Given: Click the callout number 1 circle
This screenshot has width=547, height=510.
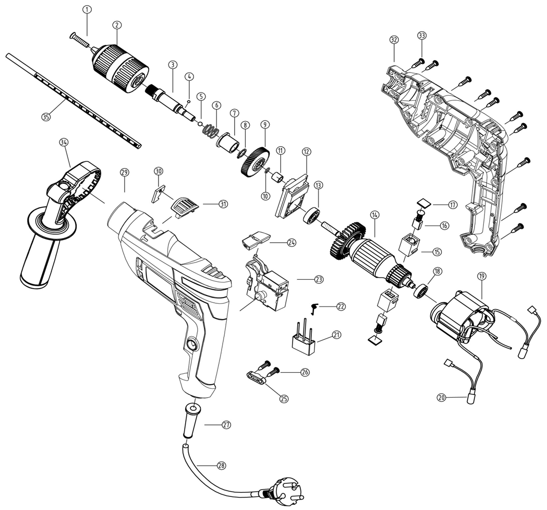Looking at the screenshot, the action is coord(87,9).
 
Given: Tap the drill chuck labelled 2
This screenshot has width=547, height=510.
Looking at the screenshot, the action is coord(120,68).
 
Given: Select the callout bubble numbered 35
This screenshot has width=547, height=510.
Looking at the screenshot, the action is coord(46,117).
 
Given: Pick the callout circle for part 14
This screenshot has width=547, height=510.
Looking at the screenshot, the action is coord(375,215).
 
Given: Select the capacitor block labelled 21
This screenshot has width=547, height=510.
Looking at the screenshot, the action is coord(303,336).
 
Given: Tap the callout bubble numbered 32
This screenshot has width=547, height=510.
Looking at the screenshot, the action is coord(394,40).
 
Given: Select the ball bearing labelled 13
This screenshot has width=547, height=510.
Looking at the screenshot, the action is coord(312,216).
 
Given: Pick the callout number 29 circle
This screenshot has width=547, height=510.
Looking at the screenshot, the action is coord(125,172).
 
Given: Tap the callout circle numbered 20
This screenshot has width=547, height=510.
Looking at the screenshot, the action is coord(441,398).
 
